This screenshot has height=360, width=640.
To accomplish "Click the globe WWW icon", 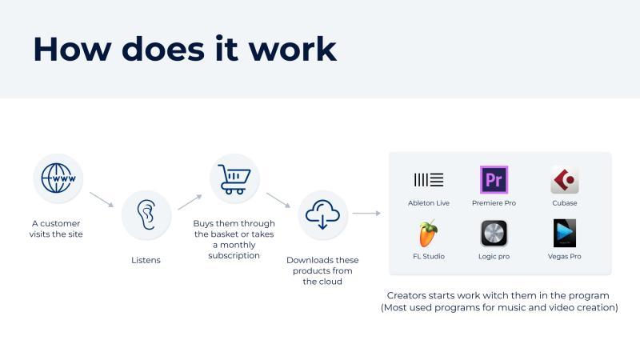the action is pos(58,178).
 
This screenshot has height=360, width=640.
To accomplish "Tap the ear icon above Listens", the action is pos(146,214).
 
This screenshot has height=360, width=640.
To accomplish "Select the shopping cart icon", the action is pos(234,179).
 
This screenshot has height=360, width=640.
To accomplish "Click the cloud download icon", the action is pos(322,214).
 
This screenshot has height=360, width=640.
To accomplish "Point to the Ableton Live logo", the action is pos(429,179).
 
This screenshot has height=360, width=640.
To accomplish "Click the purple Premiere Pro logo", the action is pos(494,179).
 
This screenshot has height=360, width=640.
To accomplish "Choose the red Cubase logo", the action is pos(565,179).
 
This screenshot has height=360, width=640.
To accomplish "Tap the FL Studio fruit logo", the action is pos(428,233).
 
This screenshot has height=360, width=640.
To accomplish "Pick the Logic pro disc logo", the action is pos(494,233).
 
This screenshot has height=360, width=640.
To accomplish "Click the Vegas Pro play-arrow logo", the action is pos(565,233).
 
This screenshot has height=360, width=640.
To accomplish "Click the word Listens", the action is pos(146,260).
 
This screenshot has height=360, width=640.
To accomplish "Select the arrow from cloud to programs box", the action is pos(366,213).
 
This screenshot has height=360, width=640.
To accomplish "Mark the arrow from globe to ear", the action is pos(102,199).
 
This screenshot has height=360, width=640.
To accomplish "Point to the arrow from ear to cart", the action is pos(190,202).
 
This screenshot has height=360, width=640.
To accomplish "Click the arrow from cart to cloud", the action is pos(278,200).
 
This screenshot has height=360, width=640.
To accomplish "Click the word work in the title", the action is pos(293,50).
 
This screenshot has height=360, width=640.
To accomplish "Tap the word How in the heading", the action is pos(72,50).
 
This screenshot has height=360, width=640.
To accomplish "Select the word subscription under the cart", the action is pos(234,255).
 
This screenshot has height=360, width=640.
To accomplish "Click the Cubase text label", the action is pos(565,203).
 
